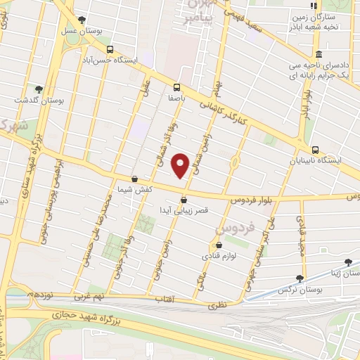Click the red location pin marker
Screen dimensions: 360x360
[x=181, y=165]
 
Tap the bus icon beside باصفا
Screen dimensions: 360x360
[x=176, y=88]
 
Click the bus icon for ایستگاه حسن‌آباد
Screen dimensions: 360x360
[x=110, y=49]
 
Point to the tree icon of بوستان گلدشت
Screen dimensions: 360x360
[x=39, y=89]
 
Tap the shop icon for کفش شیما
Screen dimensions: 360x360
[x=134, y=179]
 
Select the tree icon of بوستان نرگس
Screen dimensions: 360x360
[x=300, y=278]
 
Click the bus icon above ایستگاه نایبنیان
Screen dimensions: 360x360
[x=316, y=149]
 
